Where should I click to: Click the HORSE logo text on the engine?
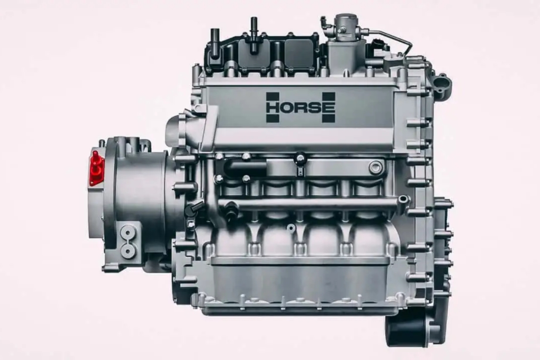click(x=300, y=108)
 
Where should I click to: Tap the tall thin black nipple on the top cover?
click(x=253, y=35)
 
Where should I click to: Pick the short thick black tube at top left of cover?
click(x=215, y=44)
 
